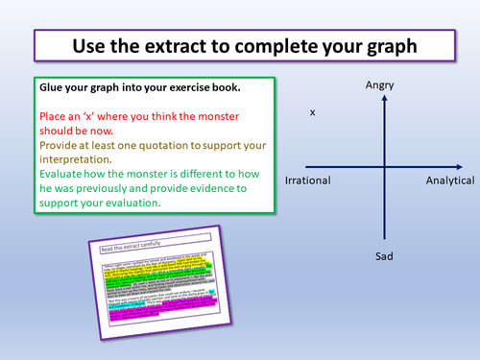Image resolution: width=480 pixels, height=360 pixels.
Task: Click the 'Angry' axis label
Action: [380, 87]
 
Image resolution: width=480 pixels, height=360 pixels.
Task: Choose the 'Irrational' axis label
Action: [308, 180]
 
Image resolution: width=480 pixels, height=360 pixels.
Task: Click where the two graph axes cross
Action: [381, 169]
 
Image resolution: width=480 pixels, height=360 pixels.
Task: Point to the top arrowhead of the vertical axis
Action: [381, 101]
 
